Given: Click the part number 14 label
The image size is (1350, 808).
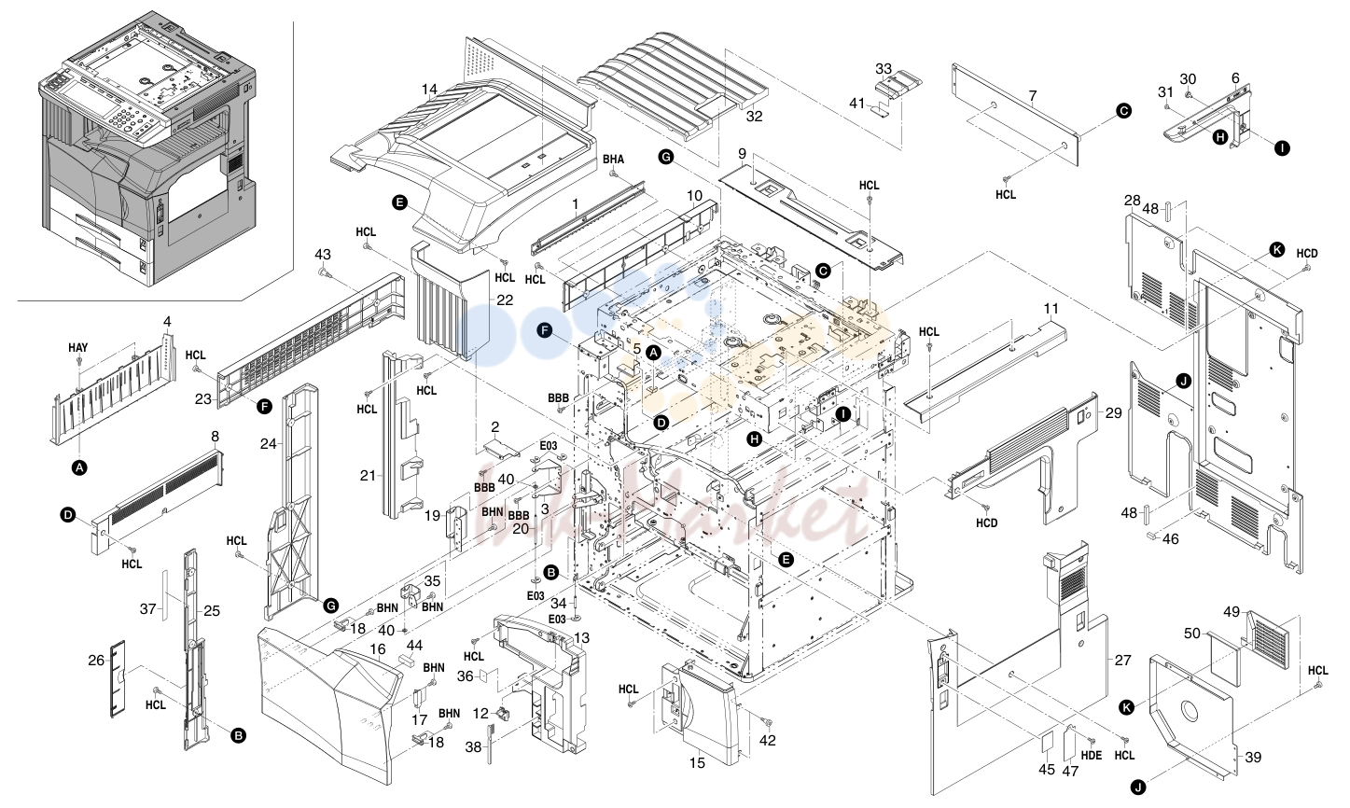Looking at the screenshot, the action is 429,90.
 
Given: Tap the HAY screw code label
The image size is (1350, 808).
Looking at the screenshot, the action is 77,348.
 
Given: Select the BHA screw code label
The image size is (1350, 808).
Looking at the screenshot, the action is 614,159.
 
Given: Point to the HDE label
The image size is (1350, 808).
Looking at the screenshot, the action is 1091,755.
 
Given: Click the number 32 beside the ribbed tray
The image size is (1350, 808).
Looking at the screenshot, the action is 754,117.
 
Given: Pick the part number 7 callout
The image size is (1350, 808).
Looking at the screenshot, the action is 1033,96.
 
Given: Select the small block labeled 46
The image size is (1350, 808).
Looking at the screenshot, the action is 1151,535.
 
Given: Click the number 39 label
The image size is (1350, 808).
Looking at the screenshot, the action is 1253,758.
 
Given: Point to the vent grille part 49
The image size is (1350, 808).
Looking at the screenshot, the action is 1269,640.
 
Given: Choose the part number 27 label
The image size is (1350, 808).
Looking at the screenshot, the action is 1122,661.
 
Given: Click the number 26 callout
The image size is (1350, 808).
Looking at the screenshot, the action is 96,661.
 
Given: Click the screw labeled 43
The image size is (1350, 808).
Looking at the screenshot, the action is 323,274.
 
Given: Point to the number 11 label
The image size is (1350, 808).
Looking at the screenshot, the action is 1051,309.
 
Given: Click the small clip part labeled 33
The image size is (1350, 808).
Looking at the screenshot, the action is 898,85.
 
